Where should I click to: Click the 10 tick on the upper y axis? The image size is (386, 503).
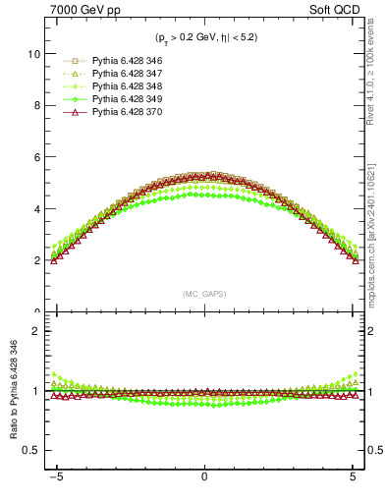pyautogui.click(x=32, y=54)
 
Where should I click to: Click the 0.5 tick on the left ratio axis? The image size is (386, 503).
pyautogui.click(x=30, y=450)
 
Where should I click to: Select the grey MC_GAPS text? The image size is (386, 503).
pyautogui.click(x=203, y=293)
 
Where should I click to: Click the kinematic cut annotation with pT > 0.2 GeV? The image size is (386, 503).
pyautogui.click(x=204, y=38)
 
